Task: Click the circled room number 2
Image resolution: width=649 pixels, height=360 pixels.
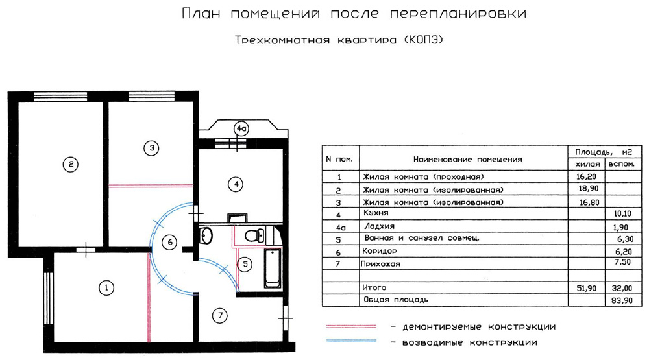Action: [71, 165]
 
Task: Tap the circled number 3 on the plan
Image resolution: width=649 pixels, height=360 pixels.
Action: [151, 148]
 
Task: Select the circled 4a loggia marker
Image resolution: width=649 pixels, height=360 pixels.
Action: [241, 128]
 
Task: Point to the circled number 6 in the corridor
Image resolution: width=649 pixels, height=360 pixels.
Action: [169, 242]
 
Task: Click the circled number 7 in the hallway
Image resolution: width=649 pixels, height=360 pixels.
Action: [220, 316]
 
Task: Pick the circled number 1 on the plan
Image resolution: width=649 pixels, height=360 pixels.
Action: [106, 287]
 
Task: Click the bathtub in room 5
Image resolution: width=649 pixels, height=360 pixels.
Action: [273, 268]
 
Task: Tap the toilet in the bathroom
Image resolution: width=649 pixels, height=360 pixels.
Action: [254, 235]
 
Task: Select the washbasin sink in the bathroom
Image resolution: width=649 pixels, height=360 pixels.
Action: [206, 235]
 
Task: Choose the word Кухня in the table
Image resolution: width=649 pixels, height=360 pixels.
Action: [376, 213]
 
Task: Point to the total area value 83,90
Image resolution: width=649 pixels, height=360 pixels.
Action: [622, 300]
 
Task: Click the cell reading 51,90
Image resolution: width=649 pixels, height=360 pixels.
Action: [587, 288]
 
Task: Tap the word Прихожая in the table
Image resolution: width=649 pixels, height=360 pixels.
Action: [380, 264]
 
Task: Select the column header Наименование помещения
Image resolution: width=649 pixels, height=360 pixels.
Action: [468, 160]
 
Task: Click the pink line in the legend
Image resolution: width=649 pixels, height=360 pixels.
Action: [351, 326]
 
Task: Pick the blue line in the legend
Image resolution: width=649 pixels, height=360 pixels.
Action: [351, 341]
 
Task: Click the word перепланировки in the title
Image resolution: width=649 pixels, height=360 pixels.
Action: [458, 14]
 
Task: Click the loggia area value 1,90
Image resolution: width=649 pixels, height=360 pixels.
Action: [621, 227]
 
